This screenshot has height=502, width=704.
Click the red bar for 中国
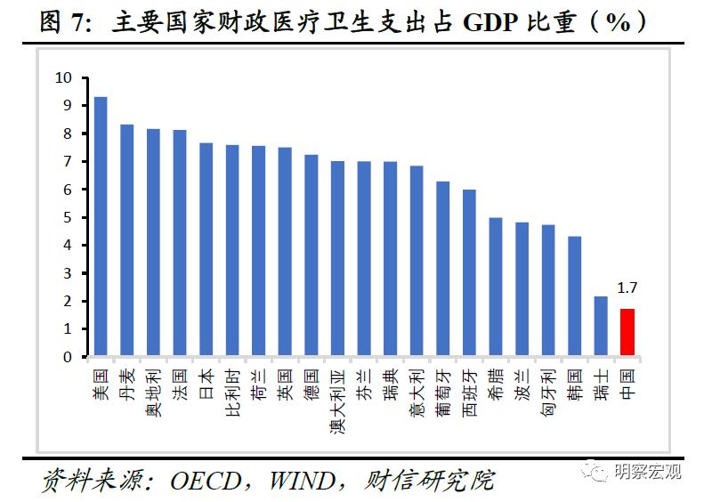(x=627, y=333)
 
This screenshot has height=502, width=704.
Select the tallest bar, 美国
(x=101, y=227)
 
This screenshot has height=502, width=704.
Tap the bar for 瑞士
(x=601, y=327)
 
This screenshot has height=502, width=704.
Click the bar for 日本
(x=206, y=250)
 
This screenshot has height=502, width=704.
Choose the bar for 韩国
(x=575, y=296)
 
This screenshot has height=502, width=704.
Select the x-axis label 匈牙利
(x=548, y=388)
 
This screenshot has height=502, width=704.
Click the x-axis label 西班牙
(x=469, y=388)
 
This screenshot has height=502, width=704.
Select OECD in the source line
(x=206, y=481)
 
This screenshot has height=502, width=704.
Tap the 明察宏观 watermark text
(x=648, y=471)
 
